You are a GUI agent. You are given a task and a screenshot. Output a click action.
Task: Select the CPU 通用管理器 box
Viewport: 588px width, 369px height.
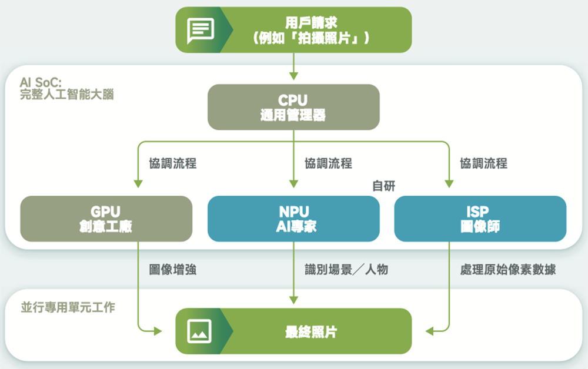tap(293, 107)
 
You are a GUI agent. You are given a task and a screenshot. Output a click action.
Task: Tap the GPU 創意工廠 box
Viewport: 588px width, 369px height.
tap(106, 219)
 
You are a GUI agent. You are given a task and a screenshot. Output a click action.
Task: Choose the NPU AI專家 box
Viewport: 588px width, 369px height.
tap(293, 219)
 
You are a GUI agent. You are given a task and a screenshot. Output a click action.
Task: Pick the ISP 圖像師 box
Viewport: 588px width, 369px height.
tap(480, 219)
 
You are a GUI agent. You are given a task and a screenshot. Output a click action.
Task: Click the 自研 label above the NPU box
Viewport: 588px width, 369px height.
tap(383, 186)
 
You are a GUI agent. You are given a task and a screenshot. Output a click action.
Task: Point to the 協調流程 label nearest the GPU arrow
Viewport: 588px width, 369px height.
tap(172, 163)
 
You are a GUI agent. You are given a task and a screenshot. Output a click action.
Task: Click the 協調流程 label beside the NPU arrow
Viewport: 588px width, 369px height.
tap(328, 163)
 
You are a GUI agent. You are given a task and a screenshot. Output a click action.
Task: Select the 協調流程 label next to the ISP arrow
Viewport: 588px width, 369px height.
tap(483, 163)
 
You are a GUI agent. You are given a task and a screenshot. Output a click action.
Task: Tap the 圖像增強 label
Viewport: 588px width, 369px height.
tap(172, 270)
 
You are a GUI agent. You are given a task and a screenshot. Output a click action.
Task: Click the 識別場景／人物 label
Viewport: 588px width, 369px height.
tap(346, 270)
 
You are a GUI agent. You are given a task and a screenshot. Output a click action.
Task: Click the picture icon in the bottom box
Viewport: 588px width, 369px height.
tap(199, 331)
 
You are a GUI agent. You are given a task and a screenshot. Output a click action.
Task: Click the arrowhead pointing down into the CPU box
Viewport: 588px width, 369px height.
tap(293, 76)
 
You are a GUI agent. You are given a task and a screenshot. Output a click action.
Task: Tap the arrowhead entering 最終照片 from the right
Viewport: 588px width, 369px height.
tap(430, 331)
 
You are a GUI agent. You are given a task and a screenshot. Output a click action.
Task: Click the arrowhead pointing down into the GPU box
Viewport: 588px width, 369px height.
tap(138, 184)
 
